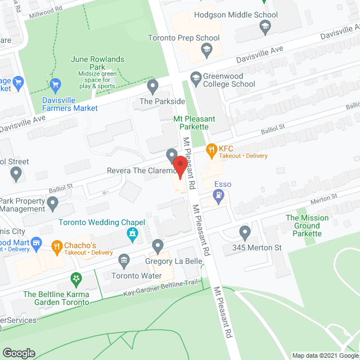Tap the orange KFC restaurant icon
tap(211, 150)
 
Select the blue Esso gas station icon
tap(219, 196)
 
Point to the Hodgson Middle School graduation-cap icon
tap(265, 26)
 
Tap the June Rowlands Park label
tap(97, 60)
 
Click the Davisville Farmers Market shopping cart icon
tap(55, 86)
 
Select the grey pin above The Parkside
tap(152, 87)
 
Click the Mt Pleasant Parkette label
tap(191, 123)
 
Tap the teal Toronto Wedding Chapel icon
tap(133, 233)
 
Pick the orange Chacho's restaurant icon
tap(57, 246)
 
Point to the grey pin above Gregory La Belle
tap(158, 246)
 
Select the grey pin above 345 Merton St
tap(244, 232)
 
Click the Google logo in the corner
tap(18, 353)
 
